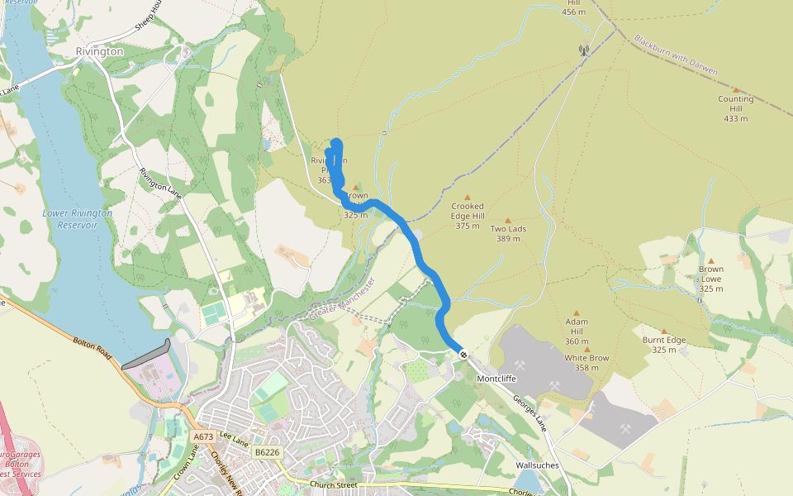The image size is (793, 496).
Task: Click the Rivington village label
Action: click(x=99, y=51)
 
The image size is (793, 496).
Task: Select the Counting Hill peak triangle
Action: click(x=735, y=89)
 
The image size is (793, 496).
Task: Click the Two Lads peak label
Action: click(x=508, y=233)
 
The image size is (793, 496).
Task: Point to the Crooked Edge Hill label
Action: click(x=468, y=216)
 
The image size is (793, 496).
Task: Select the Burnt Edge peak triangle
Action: click(x=663, y=330)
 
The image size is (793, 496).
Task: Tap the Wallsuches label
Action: click(x=537, y=465)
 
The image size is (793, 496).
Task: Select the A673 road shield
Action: click(x=203, y=436)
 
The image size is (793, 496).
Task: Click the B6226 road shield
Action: click(x=267, y=452)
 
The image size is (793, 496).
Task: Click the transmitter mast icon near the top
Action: click(x=583, y=50)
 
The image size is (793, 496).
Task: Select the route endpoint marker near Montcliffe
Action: click(x=464, y=355)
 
